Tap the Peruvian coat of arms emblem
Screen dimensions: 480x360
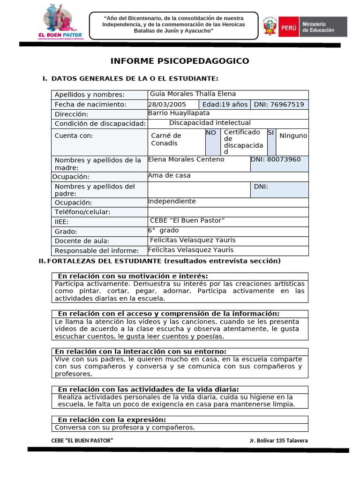[x=270, y=26]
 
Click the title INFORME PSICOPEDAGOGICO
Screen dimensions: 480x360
[x=180, y=61]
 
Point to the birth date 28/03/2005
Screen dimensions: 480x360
[x=167, y=105]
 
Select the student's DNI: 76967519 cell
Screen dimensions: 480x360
[x=279, y=105]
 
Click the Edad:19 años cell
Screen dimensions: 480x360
[x=225, y=105]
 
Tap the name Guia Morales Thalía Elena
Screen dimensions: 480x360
[x=193, y=94]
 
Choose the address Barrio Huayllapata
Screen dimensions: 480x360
[x=179, y=113]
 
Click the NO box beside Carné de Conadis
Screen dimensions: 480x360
[x=211, y=133]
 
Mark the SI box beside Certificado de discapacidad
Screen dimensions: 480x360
[x=270, y=133]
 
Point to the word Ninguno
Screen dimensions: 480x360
[x=293, y=136]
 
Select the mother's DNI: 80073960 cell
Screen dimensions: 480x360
[x=279, y=159]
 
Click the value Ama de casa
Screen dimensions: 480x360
[x=169, y=176]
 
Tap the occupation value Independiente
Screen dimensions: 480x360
[x=172, y=202]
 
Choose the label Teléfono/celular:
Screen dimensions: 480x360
[x=82, y=212]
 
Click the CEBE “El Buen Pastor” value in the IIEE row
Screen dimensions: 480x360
[x=187, y=221]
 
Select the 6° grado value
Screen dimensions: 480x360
[x=163, y=231]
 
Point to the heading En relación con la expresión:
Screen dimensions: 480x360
[x=112, y=420]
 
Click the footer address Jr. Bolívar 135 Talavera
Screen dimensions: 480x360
[x=278, y=441]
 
